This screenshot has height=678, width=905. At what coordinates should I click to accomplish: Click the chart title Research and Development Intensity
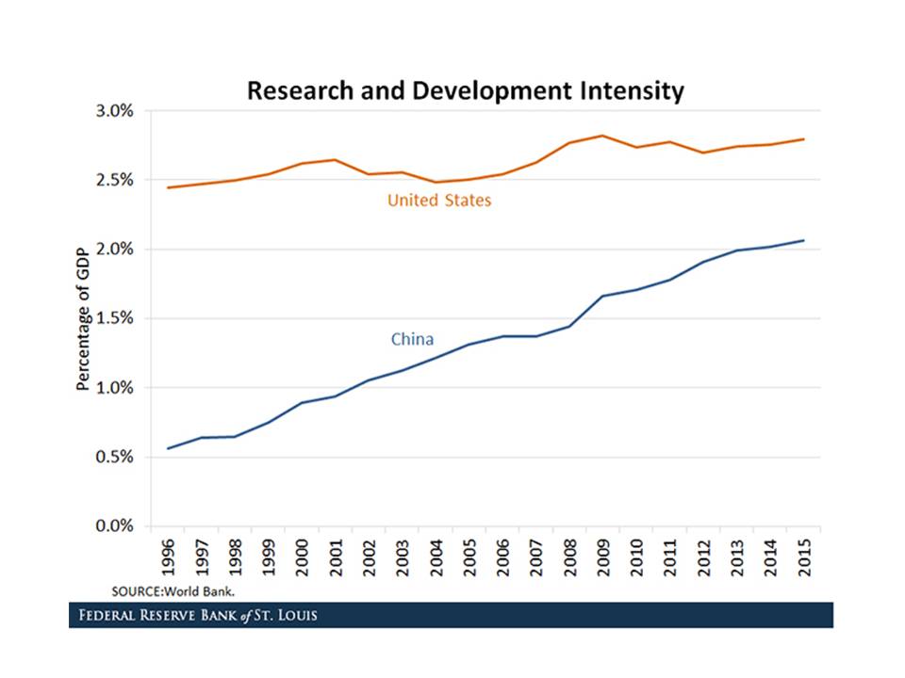[465, 91]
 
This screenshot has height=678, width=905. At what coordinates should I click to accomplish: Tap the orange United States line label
[439, 201]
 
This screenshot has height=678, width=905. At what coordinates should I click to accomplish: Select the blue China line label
[412, 339]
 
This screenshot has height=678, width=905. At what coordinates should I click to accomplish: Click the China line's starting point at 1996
[168, 448]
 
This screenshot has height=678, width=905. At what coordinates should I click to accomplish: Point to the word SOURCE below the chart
[135, 590]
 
